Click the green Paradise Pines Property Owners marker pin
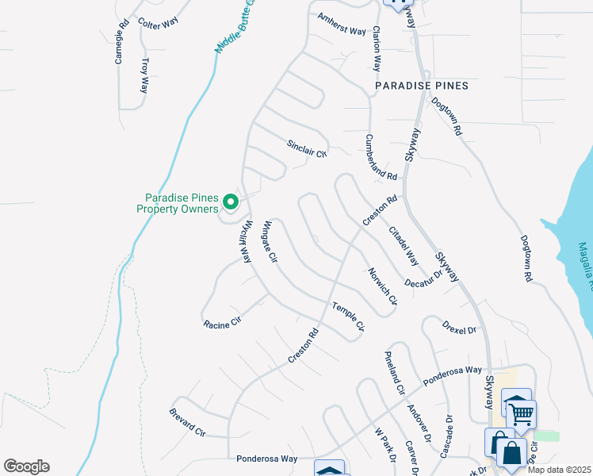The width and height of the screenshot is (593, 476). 231,203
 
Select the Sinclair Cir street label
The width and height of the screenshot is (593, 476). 307,148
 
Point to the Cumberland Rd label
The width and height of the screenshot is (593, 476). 380,156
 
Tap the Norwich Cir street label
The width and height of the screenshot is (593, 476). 382,286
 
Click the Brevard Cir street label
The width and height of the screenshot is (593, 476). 187,423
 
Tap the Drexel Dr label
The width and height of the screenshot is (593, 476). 459,324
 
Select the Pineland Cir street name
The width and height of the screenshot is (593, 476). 394,372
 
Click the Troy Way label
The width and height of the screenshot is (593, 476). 143,75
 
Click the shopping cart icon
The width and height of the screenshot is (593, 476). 521,412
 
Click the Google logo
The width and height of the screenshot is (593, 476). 26,466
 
